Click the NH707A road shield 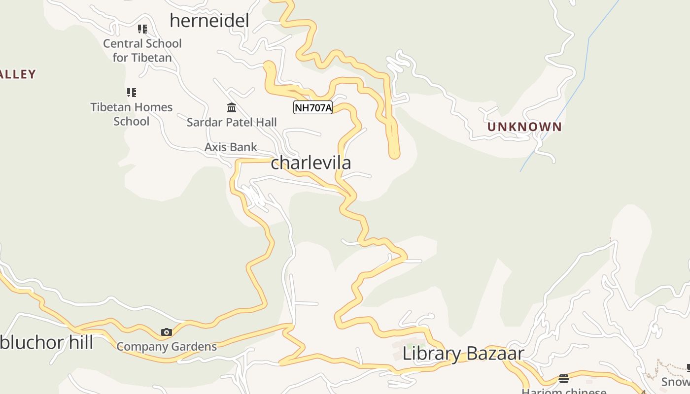313,108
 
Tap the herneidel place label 209,21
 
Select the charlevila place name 311,163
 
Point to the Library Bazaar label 463,354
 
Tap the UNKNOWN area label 524,127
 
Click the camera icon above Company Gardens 167,332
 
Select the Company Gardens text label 167,347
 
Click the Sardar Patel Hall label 232,122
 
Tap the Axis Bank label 231,147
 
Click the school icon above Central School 142,29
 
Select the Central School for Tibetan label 142,50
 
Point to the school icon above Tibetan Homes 132,92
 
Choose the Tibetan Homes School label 131,114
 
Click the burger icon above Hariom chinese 564,379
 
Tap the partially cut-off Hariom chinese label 564,391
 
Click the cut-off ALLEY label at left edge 18,74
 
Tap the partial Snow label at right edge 675,382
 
